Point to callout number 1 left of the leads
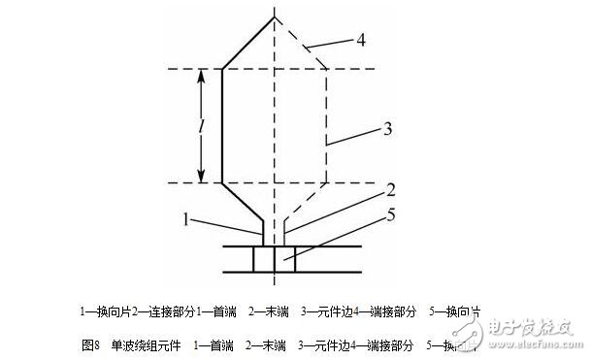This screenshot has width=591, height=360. click(x=184, y=219)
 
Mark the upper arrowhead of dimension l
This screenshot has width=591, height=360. click(x=201, y=74)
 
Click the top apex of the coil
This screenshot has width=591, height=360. click(x=275, y=16)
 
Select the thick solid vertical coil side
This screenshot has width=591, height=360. click(x=223, y=126)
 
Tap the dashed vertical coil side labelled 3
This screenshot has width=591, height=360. click(x=325, y=126)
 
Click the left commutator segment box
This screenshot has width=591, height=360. click(x=264, y=260)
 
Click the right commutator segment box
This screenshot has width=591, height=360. click(x=285, y=260)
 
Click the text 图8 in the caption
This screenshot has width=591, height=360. click(x=91, y=344)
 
